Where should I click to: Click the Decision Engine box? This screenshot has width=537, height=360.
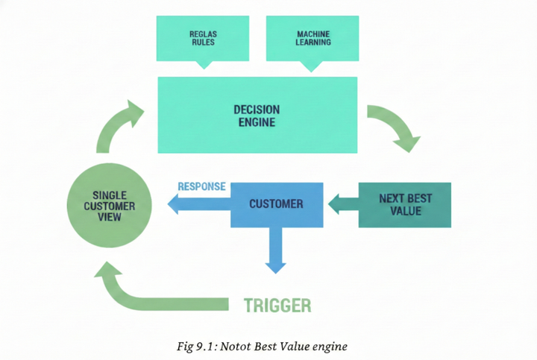pyautogui.click(x=257, y=116)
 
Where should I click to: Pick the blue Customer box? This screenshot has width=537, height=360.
pyautogui.click(x=276, y=204)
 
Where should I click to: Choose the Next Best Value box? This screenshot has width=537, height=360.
pyautogui.click(x=404, y=204)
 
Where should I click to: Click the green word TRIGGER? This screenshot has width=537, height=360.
pyautogui.click(x=277, y=305)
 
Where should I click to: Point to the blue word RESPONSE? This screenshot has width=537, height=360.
pyautogui.click(x=201, y=186)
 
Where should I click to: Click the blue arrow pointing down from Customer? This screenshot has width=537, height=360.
pyautogui.click(x=275, y=250)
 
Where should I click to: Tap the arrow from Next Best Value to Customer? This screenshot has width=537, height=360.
pyautogui.click(x=342, y=203)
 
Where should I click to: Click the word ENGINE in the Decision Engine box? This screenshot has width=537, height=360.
pyautogui.click(x=257, y=122)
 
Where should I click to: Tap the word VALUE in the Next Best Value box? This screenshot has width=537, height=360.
pyautogui.click(x=405, y=211)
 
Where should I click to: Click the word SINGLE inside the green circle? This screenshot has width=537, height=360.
pyautogui.click(x=109, y=195)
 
